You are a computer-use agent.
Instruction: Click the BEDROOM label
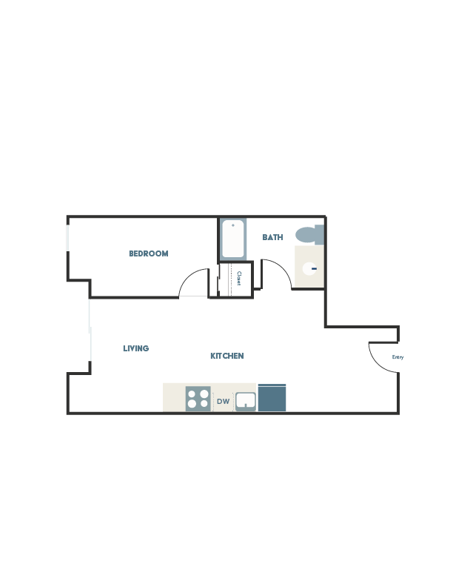149,253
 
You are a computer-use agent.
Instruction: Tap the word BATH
273,237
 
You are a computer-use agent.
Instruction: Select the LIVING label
136,348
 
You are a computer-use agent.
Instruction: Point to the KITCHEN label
226,356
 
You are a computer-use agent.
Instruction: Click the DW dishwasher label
223,402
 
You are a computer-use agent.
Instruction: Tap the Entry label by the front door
397,357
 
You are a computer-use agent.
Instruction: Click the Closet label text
240,279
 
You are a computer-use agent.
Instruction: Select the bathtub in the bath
232,238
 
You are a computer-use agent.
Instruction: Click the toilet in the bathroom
309,235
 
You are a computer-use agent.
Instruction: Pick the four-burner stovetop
198,398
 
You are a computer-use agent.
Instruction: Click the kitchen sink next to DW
245,401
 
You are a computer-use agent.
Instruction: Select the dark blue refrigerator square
272,397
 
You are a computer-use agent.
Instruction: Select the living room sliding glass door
90,330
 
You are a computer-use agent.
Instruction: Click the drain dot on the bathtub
232,225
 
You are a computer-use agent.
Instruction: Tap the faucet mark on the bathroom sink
314,268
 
